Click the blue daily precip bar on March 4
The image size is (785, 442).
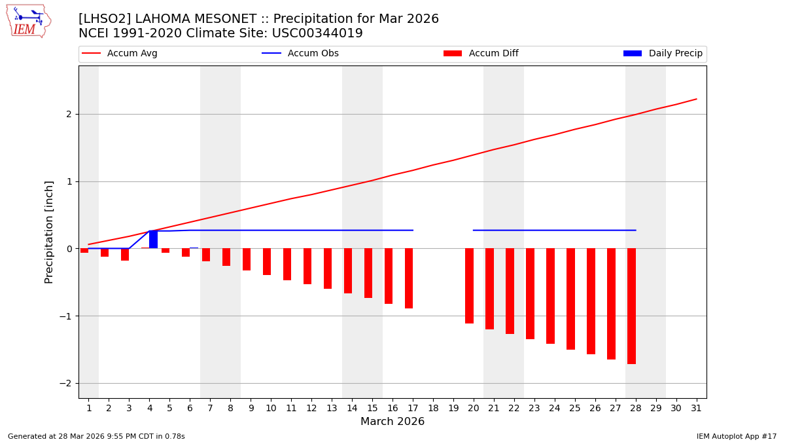click(153, 240)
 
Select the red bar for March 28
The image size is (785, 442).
click(631, 306)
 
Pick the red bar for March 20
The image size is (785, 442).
click(469, 285)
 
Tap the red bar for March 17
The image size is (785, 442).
click(409, 278)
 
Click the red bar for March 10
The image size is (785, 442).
click(267, 262)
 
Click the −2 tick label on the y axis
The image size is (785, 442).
click(65, 383)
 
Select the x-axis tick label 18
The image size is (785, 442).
click(433, 408)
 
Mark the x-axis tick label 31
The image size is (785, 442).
click(696, 408)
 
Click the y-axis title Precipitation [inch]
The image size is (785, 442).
click(49, 232)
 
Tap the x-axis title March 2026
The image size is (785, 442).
click(392, 422)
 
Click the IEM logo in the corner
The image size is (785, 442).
click(28, 21)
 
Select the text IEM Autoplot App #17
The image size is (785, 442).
click(737, 436)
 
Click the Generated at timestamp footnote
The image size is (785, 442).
click(96, 436)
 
